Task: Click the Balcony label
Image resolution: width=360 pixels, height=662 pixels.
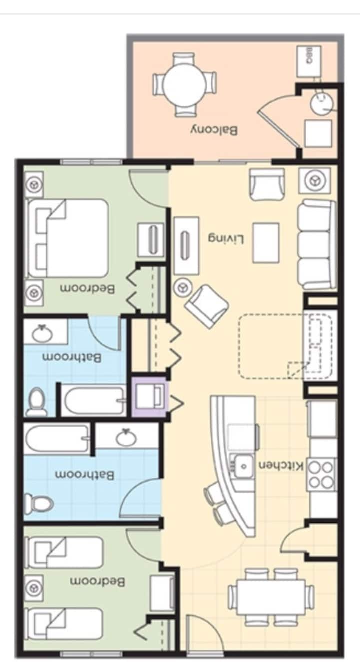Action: [214, 130]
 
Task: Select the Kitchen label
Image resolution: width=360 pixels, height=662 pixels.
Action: [281, 466]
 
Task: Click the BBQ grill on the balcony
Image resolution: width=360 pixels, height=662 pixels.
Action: [309, 61]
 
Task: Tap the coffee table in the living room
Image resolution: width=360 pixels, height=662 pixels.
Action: [266, 243]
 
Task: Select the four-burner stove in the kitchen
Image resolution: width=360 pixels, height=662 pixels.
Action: [322, 474]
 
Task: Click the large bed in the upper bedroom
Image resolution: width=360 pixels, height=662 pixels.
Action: [67, 238]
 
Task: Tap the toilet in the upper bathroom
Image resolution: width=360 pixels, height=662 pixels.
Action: [36, 402]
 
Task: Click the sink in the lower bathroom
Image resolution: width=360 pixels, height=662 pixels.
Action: [126, 438]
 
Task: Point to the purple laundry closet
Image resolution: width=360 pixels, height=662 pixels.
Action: [149, 397]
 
